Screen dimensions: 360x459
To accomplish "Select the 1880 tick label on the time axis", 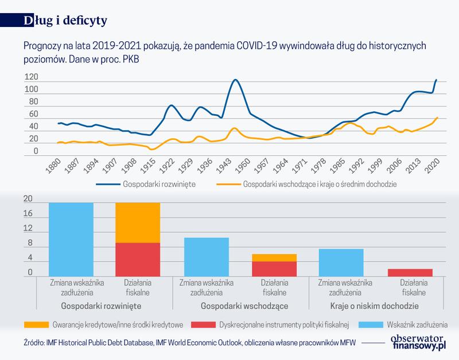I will [x=53, y=165].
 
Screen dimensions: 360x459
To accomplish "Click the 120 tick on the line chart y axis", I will [x=32, y=77].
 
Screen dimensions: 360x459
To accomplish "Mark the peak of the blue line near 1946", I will [x=235, y=80].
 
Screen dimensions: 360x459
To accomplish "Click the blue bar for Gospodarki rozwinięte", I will [x=71, y=239].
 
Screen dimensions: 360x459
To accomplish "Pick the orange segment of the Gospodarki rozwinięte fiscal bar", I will [x=138, y=222].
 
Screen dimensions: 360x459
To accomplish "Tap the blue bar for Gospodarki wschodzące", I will [x=205, y=256].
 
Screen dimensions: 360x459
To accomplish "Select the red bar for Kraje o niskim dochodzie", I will [x=410, y=272].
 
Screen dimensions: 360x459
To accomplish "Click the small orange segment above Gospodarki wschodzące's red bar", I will [x=274, y=257].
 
